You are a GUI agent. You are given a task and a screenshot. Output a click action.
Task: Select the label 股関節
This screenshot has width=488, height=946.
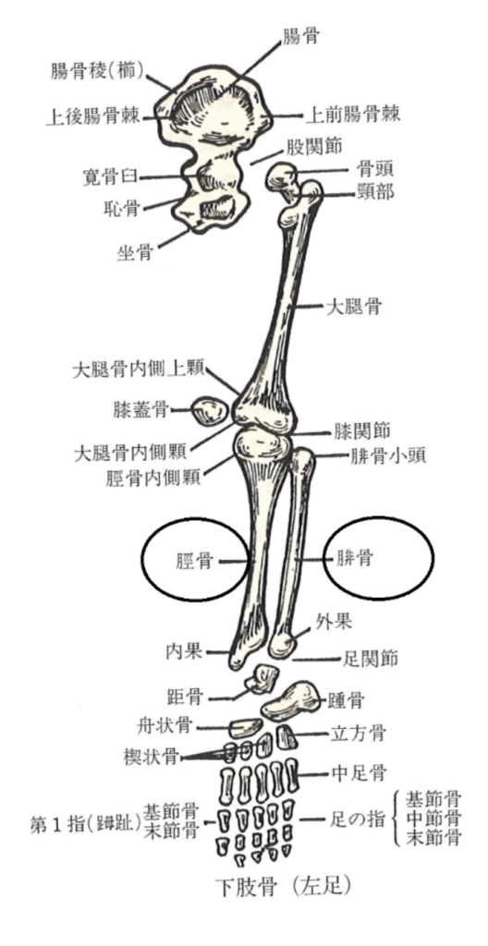pos(314,147)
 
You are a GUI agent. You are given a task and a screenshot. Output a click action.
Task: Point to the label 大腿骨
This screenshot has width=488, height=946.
pos(353,308)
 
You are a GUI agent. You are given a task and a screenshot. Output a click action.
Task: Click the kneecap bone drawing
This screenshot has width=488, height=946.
pos(210,412)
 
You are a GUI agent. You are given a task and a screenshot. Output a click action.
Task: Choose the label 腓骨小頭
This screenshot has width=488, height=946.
pos(380,455)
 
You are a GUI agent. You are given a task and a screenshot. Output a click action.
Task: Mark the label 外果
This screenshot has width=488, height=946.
pos(334,621)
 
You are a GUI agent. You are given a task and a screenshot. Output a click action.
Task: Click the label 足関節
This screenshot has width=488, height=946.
pos(370,658)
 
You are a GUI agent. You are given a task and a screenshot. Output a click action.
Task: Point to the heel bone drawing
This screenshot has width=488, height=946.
pos(290,700)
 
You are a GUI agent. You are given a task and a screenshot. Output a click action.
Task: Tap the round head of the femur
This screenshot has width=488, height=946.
pos(282,176)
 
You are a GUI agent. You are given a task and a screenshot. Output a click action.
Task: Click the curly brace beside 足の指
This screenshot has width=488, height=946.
pos(398,819)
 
